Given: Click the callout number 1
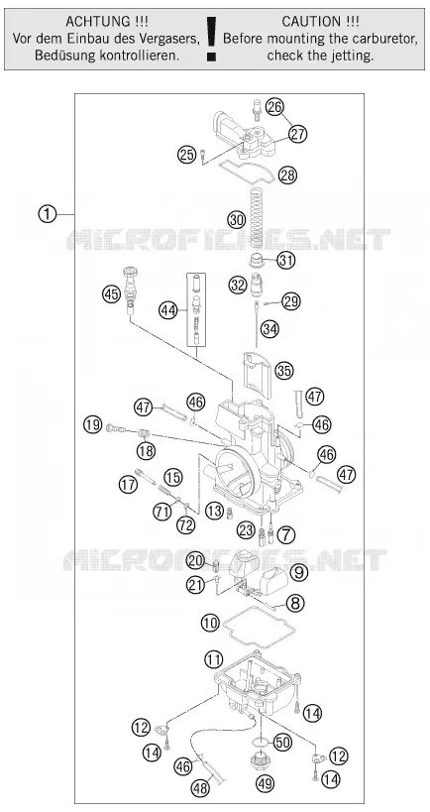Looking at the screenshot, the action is tap(48, 214).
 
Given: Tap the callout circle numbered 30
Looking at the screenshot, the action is tap(237, 219).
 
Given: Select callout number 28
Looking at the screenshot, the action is tap(287, 175).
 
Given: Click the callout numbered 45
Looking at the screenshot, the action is tap(111, 294).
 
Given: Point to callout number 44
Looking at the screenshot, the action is tap(168, 310).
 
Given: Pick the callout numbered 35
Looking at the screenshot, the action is tap(284, 371).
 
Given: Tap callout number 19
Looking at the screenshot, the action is tap(92, 425).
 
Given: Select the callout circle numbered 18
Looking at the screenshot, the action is tap(146, 450).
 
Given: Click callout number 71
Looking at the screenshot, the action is tap(161, 512).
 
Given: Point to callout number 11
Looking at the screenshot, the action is tap(213, 659).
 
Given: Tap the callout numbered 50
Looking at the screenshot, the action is tap(282, 742).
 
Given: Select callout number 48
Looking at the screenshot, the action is tap(200, 787).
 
